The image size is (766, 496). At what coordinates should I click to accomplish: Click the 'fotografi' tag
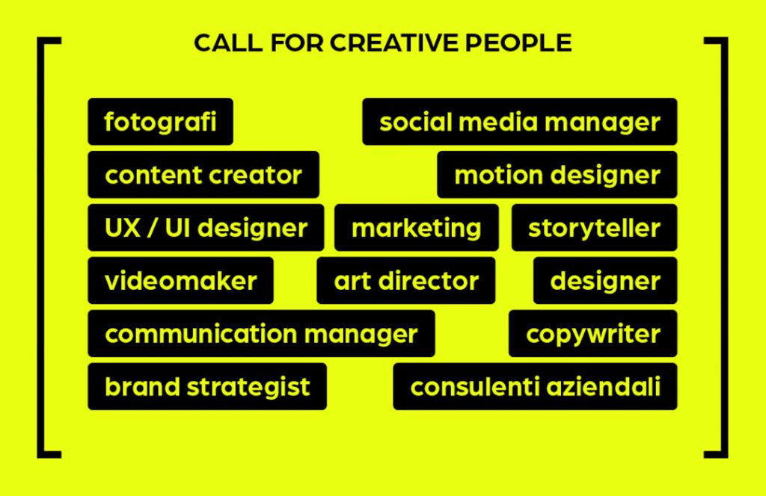pos(160,122)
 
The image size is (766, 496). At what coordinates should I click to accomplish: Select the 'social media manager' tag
pos(520,122)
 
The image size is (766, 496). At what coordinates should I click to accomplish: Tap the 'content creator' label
pos(203,175)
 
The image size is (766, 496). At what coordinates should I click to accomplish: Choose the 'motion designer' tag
pos(557,175)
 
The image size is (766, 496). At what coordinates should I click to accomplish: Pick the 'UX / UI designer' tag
pos(206,228)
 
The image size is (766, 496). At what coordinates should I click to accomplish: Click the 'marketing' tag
pos(416,228)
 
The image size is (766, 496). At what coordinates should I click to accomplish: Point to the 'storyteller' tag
pos(594,228)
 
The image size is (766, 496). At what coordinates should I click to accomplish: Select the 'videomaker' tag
pos(181,280)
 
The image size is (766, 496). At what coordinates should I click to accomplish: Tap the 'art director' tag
pos(406,280)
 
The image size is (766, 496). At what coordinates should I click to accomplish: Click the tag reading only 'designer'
pos(605,280)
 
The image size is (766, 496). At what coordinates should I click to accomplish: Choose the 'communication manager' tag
pos(261,334)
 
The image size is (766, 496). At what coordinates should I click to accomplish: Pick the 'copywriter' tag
pos(592,334)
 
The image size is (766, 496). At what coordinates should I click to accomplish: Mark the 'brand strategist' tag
pos(207,386)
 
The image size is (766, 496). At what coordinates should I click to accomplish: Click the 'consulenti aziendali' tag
pos(535,386)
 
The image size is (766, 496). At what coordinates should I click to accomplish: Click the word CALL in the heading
pos(228,43)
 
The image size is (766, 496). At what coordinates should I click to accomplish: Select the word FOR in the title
pos(296,43)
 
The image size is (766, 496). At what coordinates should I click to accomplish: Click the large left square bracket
pos(40,247)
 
